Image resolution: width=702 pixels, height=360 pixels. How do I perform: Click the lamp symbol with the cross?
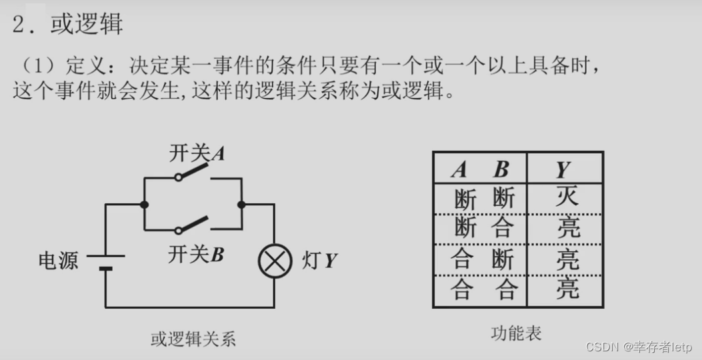click(275, 261)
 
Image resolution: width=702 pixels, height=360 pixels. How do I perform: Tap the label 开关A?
click(197, 154)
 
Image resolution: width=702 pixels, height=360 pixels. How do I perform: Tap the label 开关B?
click(196, 255)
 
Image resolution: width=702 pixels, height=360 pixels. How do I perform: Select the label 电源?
click(58, 261)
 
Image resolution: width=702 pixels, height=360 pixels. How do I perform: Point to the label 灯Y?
click(319, 261)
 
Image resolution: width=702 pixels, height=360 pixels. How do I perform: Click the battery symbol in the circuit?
click(105, 261)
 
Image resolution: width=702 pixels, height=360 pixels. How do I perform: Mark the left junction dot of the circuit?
click(144, 205)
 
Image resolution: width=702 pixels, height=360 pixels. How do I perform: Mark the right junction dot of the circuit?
click(241, 205)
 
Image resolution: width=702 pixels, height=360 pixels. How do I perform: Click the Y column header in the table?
click(564, 170)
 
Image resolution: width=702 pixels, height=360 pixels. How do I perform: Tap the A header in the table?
click(459, 170)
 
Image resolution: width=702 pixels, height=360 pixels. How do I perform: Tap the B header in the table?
click(501, 170)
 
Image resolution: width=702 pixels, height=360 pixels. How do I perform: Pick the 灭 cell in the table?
click(566, 197)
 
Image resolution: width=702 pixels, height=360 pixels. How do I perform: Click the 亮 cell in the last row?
click(567, 289)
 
